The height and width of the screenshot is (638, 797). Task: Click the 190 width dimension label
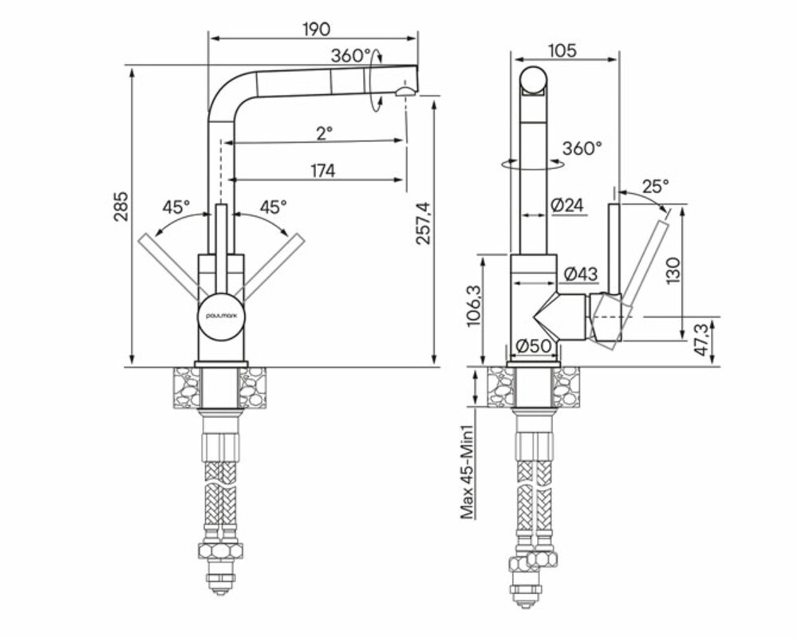(316, 30)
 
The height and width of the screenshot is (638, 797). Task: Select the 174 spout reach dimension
(322, 170)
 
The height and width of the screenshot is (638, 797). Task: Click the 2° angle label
(322, 132)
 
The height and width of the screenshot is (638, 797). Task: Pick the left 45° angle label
(176, 207)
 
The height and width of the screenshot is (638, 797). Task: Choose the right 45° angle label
(273, 207)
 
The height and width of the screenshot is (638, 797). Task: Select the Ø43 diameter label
(580, 274)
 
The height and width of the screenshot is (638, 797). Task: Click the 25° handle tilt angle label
(655, 187)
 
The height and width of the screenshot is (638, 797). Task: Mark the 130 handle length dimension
(673, 270)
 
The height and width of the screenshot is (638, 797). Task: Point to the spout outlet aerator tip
(404, 93)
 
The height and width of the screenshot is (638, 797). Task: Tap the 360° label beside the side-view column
(582, 148)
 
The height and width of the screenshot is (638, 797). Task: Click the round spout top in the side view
(535, 82)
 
